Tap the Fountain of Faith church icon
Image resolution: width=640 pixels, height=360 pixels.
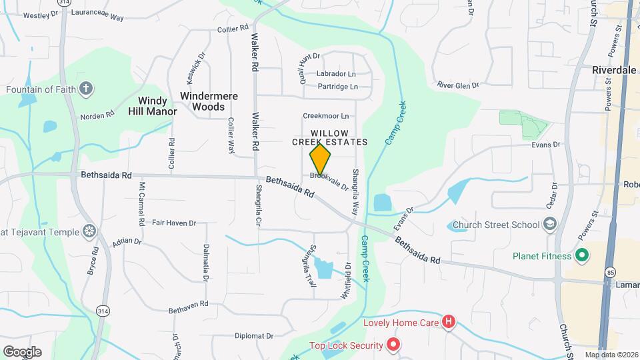(x=85, y=88)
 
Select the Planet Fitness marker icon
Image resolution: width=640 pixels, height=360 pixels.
(x=581, y=255)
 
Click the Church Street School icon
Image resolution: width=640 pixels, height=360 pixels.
(x=550, y=224)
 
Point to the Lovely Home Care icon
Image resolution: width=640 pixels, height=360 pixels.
(x=449, y=323)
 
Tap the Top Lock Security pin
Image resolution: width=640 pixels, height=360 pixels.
(x=393, y=345)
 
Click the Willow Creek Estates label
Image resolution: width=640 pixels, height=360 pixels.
(x=330, y=137)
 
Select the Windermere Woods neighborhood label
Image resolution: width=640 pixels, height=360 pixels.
(x=209, y=101)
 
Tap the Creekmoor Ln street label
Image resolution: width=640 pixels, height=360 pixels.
(x=326, y=116)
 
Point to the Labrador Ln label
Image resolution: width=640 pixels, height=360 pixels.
(x=336, y=73)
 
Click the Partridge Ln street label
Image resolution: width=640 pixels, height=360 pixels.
(x=338, y=87)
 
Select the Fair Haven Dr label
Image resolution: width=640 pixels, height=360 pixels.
(x=174, y=223)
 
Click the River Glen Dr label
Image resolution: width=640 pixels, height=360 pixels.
(x=458, y=85)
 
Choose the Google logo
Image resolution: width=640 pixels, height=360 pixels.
(x=22, y=351)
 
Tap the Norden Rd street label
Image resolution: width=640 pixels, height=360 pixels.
(x=97, y=116)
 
